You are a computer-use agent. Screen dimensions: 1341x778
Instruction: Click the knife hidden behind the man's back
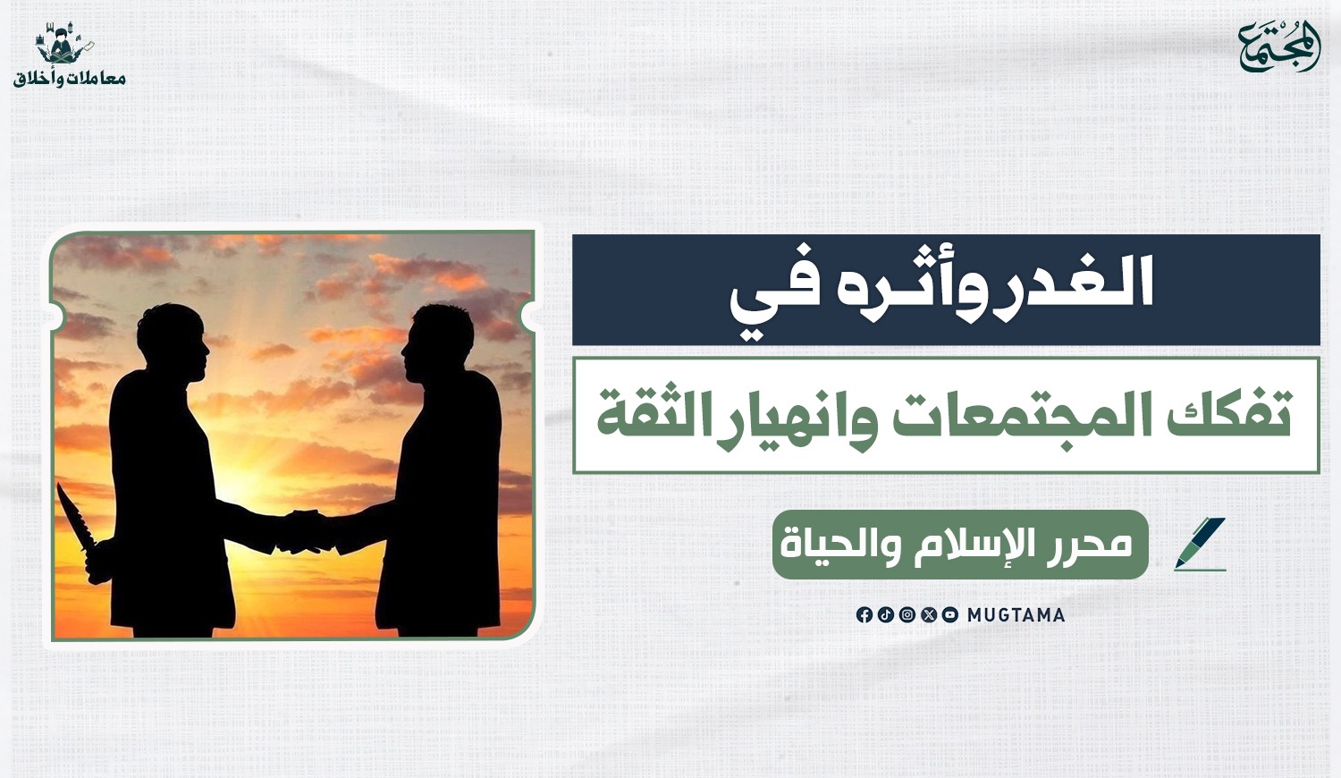(81, 533)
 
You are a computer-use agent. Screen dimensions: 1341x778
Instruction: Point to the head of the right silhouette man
(436, 343)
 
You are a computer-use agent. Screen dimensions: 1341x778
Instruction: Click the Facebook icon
(864, 615)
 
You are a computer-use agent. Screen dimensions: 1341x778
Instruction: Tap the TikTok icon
(885, 615)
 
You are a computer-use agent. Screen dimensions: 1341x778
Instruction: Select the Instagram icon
(907, 615)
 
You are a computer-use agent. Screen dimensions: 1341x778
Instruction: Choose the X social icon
(929, 615)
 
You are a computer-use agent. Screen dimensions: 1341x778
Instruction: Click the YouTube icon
(950, 615)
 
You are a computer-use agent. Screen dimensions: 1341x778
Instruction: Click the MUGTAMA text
(1016, 615)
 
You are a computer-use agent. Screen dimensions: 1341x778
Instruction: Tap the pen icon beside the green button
(1200, 544)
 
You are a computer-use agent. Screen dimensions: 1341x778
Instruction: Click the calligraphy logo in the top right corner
(1279, 47)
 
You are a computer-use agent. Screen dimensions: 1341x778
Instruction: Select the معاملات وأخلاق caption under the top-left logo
(70, 79)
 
